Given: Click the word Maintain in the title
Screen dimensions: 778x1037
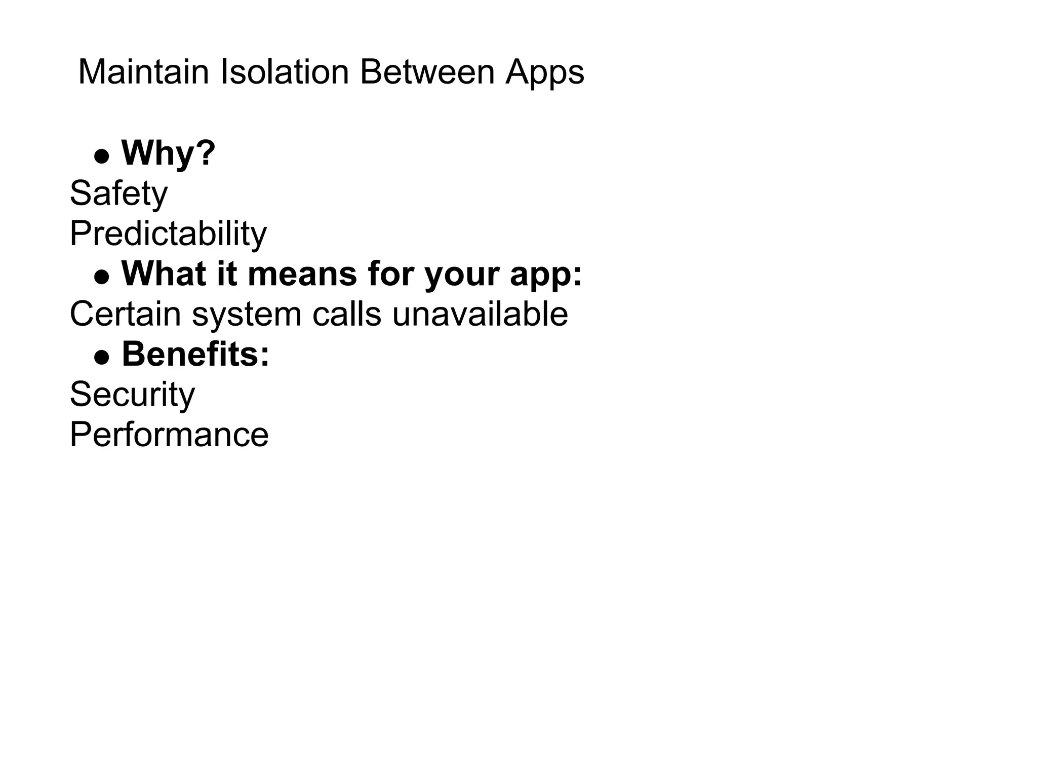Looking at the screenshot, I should [143, 72].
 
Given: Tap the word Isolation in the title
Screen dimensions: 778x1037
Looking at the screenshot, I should [285, 72].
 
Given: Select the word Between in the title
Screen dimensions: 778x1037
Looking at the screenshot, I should [427, 72].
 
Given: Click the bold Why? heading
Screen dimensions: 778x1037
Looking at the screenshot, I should [169, 153].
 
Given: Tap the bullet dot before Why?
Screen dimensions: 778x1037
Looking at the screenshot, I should [102, 156].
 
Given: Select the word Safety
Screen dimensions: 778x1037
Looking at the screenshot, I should [118, 194].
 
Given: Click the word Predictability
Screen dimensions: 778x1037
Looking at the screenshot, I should [168, 234].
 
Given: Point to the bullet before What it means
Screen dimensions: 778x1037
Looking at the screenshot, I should [102, 277].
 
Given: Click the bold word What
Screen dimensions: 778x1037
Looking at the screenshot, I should [164, 274].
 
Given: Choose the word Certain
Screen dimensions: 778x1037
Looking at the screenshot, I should [125, 314].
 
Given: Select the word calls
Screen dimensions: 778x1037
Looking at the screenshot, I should [346, 314].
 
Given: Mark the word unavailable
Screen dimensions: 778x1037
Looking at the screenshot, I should [480, 314].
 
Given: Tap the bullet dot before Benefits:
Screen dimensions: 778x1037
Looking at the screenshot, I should [102, 357].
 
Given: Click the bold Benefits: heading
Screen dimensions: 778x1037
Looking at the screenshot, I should [195, 354].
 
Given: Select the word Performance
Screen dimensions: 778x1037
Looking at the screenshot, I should [169, 435].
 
